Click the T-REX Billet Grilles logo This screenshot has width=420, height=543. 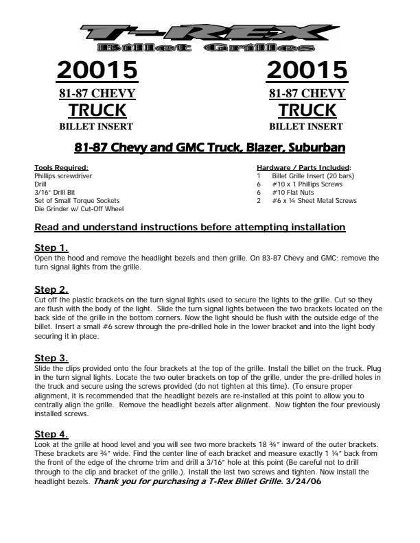click(205, 38)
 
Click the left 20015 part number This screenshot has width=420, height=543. click(97, 70)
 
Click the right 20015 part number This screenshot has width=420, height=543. click(307, 70)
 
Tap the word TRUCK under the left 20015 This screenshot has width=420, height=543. click(97, 110)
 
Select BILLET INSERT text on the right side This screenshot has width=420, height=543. click(307, 126)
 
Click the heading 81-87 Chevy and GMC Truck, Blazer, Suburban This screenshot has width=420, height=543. click(209, 147)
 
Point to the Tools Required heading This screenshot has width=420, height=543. click(61, 168)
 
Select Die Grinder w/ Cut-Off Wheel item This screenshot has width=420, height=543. click(79, 209)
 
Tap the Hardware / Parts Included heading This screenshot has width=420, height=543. click(303, 168)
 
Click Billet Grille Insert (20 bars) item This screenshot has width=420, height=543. click(310, 176)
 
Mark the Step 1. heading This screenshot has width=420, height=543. click(51, 248)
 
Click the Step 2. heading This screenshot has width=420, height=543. click(51, 290)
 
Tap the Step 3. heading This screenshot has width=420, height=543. click(51, 358)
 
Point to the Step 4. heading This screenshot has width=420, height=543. click(51, 434)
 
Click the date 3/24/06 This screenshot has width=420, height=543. click(303, 482)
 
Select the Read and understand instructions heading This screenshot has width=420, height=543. click(189, 227)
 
